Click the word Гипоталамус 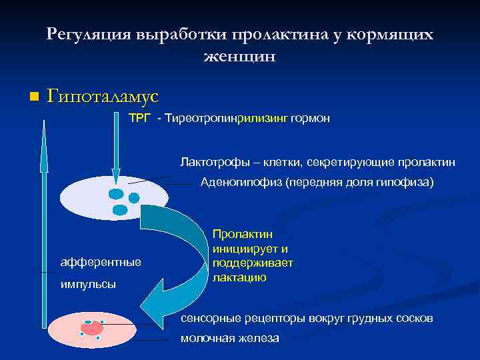click(x=103, y=97)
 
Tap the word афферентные click(x=101, y=262)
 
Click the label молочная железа click(x=230, y=339)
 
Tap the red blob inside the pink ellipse click(x=92, y=327)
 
